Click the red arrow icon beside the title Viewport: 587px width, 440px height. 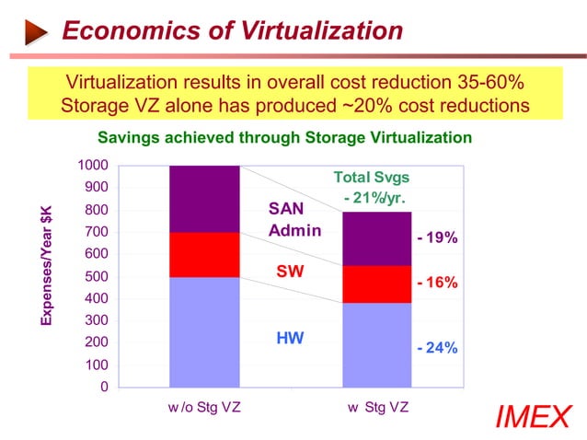pos(34,33)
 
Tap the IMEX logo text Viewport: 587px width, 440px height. pos(533,417)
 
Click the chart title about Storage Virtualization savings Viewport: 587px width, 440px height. pos(284,138)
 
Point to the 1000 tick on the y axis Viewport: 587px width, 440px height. pos(94,166)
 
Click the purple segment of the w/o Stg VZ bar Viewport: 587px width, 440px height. pos(204,199)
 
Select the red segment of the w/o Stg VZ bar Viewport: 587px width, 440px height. pos(204,254)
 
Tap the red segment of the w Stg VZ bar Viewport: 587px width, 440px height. pos(376,284)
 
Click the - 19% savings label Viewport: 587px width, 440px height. pos(437,238)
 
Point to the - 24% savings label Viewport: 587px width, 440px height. pos(437,349)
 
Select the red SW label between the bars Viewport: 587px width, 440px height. pos(290,272)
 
